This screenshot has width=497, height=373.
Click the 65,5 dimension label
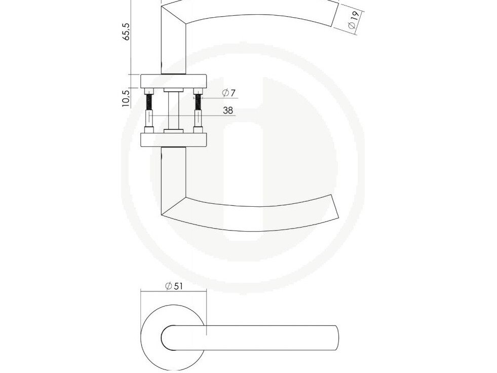click(x=127, y=31)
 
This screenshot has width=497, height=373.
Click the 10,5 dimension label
click(x=126, y=98)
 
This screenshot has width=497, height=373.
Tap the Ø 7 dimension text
click(x=229, y=93)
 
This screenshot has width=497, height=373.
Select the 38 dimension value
click(x=228, y=110)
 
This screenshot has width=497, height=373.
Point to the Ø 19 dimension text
click(x=353, y=20)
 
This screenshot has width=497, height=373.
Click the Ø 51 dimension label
click(x=174, y=286)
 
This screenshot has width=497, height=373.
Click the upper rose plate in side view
click(x=174, y=81)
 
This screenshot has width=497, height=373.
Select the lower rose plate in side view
click(x=174, y=140)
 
